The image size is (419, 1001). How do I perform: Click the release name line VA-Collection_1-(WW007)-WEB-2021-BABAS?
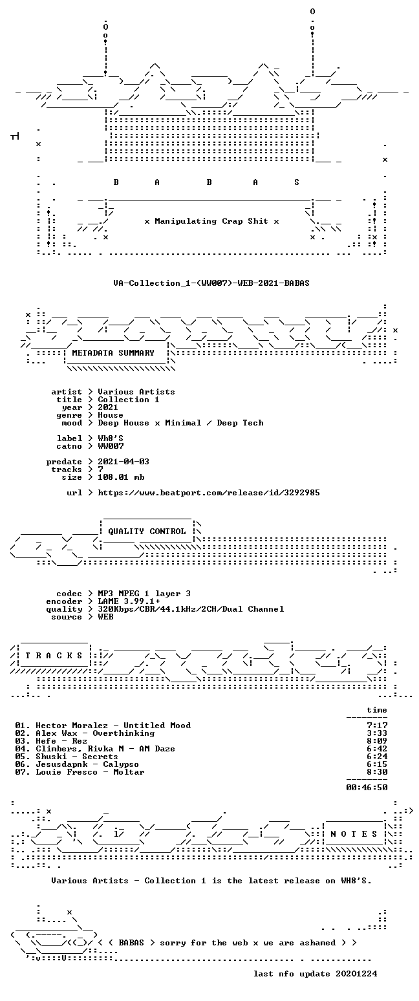pyautogui.click(x=211, y=283)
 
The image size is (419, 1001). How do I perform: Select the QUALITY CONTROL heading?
pyautogui.click(x=147, y=532)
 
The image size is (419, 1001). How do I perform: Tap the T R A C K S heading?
pyautogui.click(x=54, y=656)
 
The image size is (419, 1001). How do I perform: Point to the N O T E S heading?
pyautogui.click(x=354, y=834)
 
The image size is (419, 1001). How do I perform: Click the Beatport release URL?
pyautogui.click(x=209, y=493)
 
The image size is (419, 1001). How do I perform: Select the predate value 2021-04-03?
pyautogui.click(x=124, y=462)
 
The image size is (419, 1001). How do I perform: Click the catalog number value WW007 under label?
pyautogui.click(x=111, y=446)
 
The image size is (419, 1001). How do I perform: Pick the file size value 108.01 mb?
pyautogui.click(x=121, y=477)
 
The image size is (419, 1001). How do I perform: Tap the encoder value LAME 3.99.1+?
pyautogui.click(x=129, y=601)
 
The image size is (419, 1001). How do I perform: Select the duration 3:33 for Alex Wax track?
pyautogui.click(x=377, y=733)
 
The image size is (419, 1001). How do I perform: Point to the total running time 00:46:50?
pyautogui.click(x=367, y=788)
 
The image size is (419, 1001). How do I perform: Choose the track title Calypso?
pyautogui.click(x=121, y=764)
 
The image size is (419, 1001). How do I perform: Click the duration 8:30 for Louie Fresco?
pyautogui.click(x=377, y=771)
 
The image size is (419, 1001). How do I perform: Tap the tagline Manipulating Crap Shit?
pyautogui.click(x=211, y=221)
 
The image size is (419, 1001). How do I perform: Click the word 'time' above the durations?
pyautogui.click(x=377, y=710)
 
